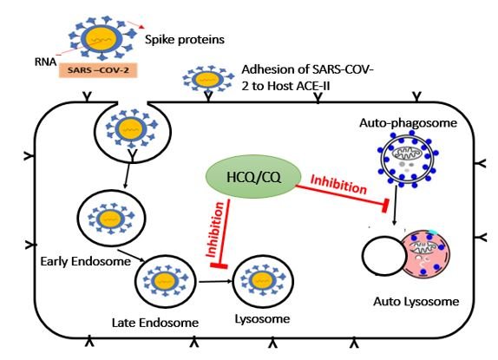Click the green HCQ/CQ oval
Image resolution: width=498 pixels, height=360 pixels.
[x=253, y=177]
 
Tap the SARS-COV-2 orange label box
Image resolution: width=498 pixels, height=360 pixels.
[x=98, y=70]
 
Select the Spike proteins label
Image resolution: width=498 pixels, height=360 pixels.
[x=185, y=40]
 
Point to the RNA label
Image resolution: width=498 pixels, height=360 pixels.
[x=45, y=62]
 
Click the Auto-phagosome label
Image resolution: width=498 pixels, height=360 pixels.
[x=408, y=123]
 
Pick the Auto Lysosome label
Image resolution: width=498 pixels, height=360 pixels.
[x=416, y=301]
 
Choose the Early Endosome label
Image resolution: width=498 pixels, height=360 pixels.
[x=85, y=262]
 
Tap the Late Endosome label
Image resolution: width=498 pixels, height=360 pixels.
[x=155, y=323]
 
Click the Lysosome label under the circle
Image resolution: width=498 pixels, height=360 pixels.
[x=262, y=318]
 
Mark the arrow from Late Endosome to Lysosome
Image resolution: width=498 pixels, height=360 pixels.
[x=214, y=281]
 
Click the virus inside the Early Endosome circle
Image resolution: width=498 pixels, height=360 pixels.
[x=111, y=219]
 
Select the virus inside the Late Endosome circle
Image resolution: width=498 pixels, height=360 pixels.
[x=165, y=281]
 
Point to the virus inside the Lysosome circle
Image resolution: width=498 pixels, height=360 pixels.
[x=263, y=280]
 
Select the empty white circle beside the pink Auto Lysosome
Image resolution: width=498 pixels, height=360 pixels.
[x=384, y=255]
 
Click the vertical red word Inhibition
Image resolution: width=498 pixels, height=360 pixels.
[x=216, y=229]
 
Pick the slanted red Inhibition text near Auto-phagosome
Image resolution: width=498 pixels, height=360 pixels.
[x=338, y=184]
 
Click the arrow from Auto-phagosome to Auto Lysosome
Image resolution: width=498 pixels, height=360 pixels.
[x=395, y=205]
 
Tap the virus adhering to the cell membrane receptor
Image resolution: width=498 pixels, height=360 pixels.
[x=207, y=79]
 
